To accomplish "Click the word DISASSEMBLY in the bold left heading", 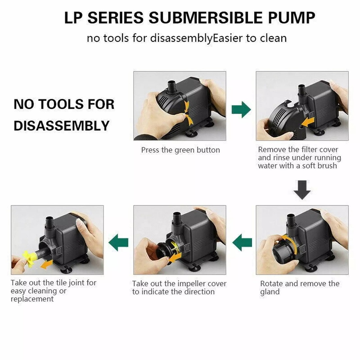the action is [62, 126].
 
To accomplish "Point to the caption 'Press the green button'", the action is [180, 150].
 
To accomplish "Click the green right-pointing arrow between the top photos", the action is [241, 110].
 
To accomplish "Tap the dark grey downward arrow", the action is [302, 190].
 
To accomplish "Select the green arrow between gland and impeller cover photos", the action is [242, 242].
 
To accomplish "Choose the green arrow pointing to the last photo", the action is [118, 242].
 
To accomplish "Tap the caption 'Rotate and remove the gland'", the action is [300, 288].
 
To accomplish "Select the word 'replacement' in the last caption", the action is [32, 299].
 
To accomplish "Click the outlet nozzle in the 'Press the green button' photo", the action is [171, 86].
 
